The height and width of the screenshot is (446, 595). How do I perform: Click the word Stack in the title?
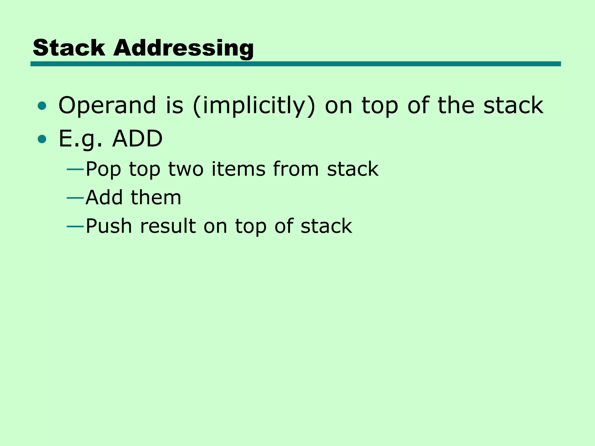pos(69,48)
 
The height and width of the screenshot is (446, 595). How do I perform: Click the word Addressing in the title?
pos(184,48)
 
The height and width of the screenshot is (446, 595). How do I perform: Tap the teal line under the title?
pos(295,64)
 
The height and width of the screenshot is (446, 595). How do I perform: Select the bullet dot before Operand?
pos(42,106)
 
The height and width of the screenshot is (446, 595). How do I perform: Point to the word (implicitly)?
pos(254,106)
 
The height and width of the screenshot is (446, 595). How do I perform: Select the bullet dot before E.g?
pos(42,139)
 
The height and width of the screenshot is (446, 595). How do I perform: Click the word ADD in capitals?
pos(137,139)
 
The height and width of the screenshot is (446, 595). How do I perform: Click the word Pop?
pos(103,169)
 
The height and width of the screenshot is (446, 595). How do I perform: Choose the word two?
pos(186,169)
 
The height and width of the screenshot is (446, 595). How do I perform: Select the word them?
pos(156,197)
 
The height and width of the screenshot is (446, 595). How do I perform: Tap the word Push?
pos(109,226)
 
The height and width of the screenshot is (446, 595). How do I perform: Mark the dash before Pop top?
pos(75,169)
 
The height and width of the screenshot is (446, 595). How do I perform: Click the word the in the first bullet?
pos(456,105)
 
